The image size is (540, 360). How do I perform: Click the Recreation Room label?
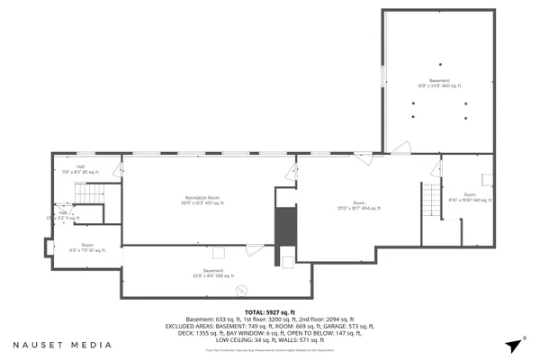coord(202,200)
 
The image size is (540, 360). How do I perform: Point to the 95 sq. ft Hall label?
coord(80,168)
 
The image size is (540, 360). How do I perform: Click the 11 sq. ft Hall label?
coord(63,215)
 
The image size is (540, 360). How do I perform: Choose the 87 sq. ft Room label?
coord(86,247)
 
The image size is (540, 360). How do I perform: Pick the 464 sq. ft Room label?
coord(358,206)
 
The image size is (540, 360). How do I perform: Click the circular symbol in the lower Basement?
coord(241,290)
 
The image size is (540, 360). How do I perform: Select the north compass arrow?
coord(513,345)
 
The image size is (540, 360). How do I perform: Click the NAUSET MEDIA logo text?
coord(62,345)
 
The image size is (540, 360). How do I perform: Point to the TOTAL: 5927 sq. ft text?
coord(270,311)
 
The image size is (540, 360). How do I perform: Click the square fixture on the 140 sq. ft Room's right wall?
coord(487,179)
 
